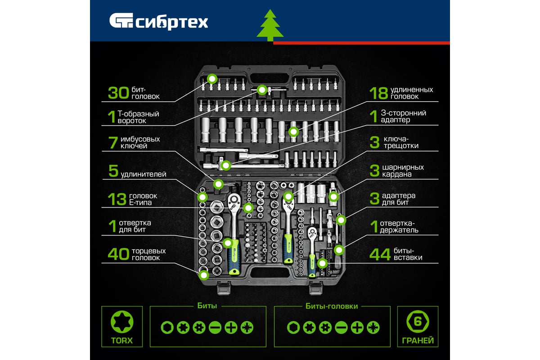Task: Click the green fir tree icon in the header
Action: point(270,25)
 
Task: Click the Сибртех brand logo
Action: point(158,21)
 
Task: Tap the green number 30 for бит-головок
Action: point(119,93)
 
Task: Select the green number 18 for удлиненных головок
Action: point(379,93)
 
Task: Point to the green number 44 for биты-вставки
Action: point(380,254)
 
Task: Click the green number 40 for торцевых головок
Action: point(118,254)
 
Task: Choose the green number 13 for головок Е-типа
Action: point(117,199)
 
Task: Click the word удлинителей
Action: point(144,174)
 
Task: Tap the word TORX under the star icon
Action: point(122,341)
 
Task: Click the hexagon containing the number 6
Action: point(418,322)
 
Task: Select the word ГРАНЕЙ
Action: point(418,341)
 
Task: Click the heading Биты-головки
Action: point(332,306)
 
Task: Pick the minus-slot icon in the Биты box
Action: point(215,328)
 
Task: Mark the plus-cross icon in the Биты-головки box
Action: point(357,328)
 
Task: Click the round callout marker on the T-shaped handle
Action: point(262,90)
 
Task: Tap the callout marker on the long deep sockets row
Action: point(293,132)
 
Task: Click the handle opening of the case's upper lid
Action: point(270,79)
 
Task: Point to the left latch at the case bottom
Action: point(224,288)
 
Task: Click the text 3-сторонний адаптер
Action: point(403,117)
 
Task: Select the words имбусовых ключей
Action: point(140,143)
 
